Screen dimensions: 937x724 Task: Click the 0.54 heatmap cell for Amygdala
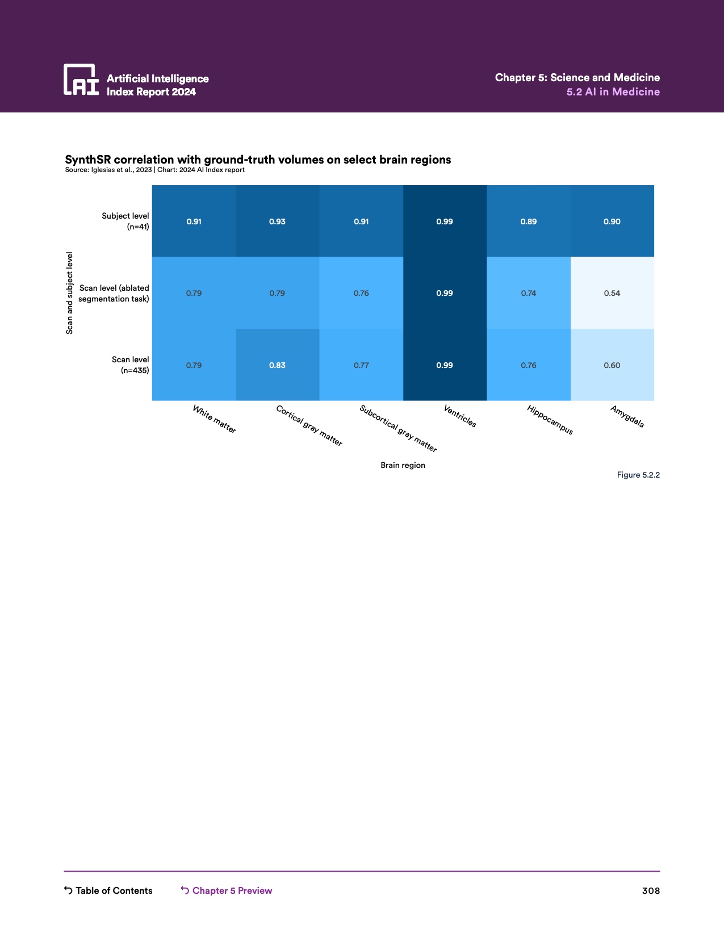[x=612, y=293]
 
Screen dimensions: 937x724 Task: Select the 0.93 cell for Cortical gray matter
[x=277, y=221]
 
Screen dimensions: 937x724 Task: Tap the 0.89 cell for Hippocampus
[x=529, y=221]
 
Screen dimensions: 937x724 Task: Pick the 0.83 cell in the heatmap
[x=277, y=365]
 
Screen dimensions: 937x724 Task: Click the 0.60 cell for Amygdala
[x=612, y=365]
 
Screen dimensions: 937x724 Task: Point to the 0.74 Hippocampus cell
[x=529, y=293]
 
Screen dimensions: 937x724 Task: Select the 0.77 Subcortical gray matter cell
[x=361, y=365]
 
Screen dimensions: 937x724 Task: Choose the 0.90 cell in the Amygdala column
[x=612, y=221]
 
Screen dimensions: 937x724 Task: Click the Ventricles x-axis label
[x=460, y=416]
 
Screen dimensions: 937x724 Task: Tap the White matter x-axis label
[x=214, y=419]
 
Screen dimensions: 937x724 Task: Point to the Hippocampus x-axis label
[x=550, y=420]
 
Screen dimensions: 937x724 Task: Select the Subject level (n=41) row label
[x=125, y=221]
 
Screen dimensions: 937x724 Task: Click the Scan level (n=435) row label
[x=131, y=365]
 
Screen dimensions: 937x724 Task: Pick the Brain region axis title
[x=403, y=465]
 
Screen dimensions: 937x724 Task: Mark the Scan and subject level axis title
[x=70, y=293]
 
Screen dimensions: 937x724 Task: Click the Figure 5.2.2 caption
[x=638, y=475]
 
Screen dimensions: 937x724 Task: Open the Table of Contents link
[x=108, y=890]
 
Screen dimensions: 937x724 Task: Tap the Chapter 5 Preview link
[x=227, y=890]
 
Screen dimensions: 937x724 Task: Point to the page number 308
[x=651, y=890]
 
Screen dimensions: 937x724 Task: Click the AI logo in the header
[x=81, y=80]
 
